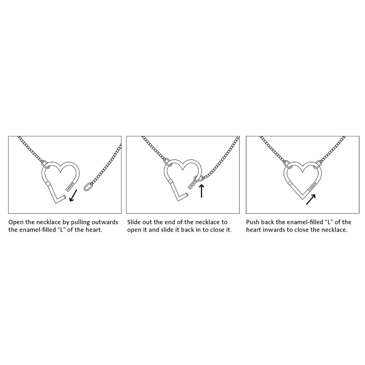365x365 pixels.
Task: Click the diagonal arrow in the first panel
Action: point(74,195)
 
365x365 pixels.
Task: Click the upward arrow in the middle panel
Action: point(201,191)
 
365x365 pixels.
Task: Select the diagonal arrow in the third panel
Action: point(311,200)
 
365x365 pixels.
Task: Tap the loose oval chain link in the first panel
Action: point(87,187)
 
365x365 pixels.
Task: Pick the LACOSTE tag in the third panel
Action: point(313,186)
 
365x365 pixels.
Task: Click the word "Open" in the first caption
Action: point(16,222)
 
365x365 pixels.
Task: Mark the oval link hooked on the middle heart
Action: point(198,179)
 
